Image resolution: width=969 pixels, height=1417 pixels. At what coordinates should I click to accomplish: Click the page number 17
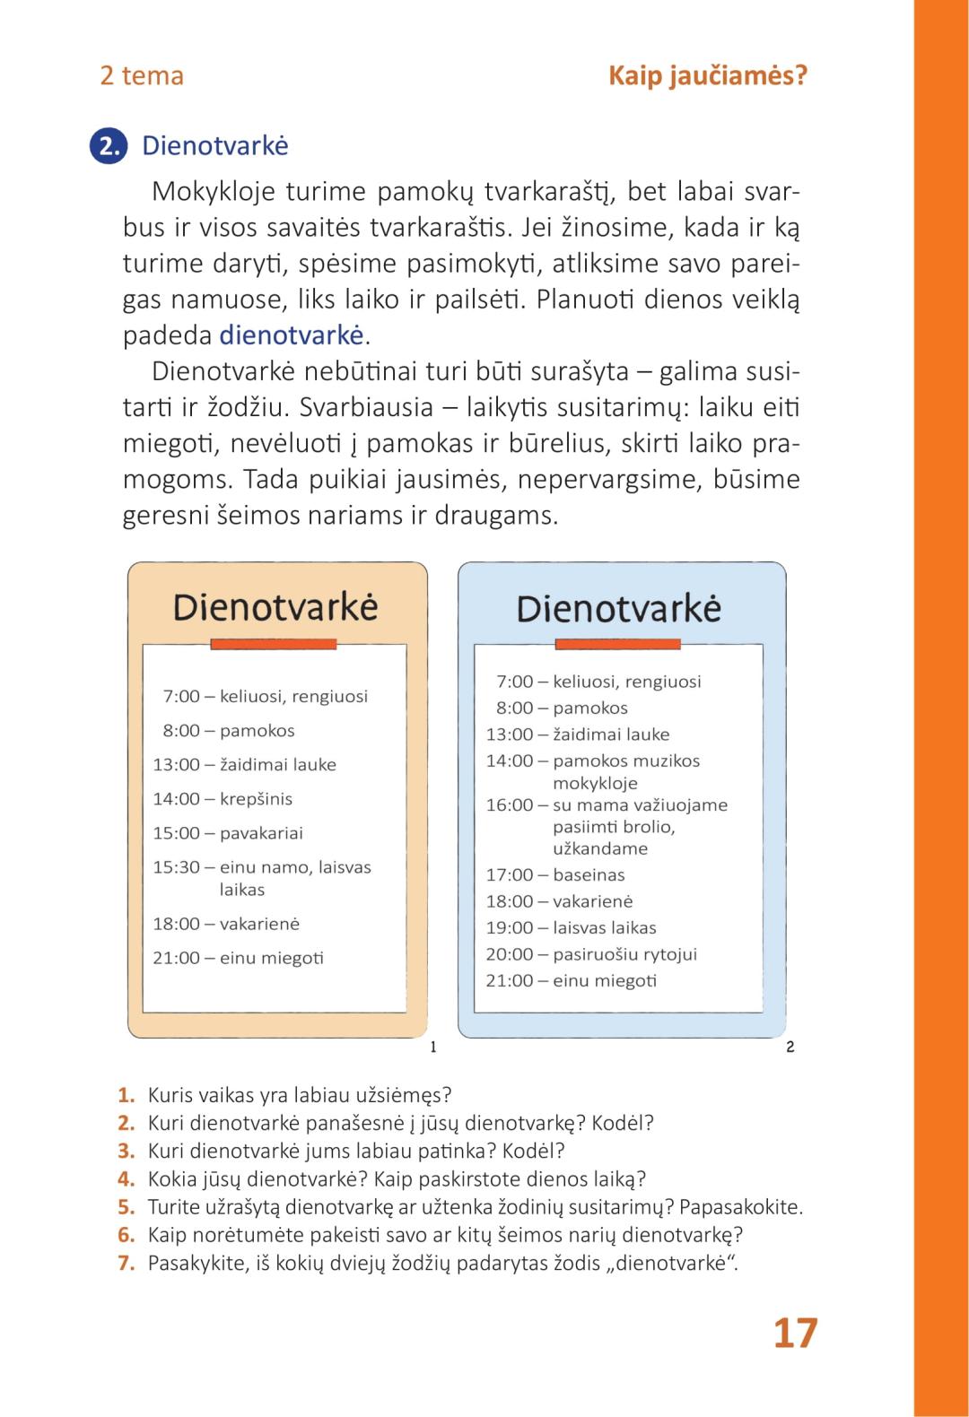tap(795, 1333)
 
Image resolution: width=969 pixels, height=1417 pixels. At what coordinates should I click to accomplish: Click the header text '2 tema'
tap(142, 75)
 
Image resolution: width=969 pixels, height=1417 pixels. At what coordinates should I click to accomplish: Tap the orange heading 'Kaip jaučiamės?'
tap(708, 75)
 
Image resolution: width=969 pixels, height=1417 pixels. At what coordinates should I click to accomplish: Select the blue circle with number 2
tap(109, 146)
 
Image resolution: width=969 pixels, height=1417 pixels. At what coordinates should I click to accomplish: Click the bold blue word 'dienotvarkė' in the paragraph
tap(292, 335)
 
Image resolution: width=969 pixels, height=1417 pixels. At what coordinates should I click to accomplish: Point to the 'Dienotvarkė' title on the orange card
tap(275, 607)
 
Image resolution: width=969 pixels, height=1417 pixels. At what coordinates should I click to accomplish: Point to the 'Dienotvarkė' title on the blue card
tap(619, 609)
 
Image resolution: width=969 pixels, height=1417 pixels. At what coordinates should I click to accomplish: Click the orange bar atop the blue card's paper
tap(618, 644)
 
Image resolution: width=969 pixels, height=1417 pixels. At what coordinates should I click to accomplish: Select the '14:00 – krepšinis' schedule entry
tap(223, 798)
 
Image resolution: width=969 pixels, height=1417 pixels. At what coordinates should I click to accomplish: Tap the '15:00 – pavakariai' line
tap(228, 832)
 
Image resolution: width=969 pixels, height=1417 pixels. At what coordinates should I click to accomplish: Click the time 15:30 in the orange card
tap(176, 867)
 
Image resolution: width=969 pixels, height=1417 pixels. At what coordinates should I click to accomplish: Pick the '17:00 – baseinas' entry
tap(555, 874)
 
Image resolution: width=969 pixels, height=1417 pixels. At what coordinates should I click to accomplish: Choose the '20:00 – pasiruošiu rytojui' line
tap(591, 954)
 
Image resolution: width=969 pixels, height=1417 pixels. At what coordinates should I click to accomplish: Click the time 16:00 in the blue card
tap(510, 804)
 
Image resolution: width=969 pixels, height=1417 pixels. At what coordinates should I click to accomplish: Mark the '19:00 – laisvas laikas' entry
tap(572, 927)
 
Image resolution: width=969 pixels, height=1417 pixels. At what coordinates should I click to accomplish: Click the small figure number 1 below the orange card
tap(433, 1047)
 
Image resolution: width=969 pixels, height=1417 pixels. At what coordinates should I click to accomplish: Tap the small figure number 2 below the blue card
tap(790, 1047)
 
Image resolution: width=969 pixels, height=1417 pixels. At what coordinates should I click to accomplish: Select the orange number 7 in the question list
tap(127, 1263)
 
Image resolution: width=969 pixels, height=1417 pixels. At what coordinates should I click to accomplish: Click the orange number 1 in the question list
tap(127, 1094)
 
